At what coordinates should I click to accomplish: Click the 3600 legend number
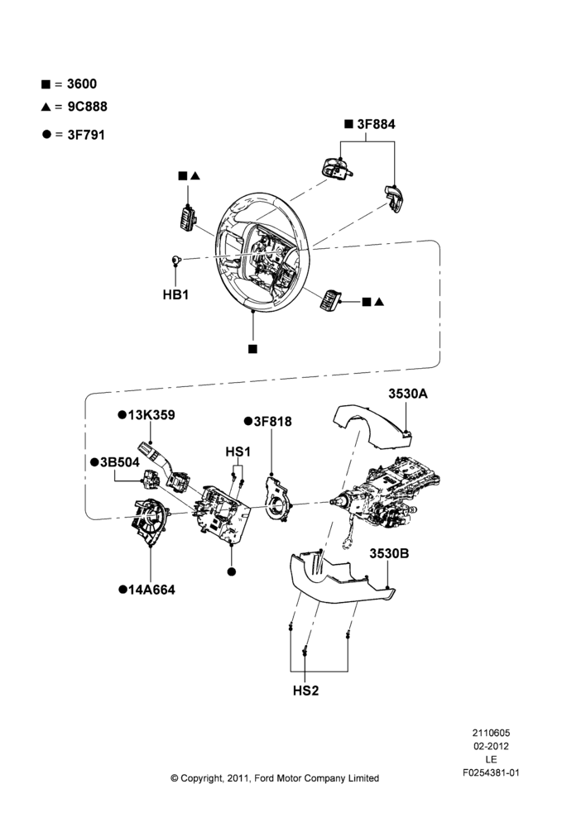(x=82, y=84)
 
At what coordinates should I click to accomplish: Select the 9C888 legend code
(x=87, y=107)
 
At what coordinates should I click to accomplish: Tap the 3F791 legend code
(x=86, y=135)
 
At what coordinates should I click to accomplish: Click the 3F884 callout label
(x=376, y=124)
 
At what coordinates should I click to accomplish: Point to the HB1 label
(x=175, y=294)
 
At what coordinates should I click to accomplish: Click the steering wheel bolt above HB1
(x=177, y=260)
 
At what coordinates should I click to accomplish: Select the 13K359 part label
(x=151, y=415)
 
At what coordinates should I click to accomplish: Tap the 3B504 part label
(x=120, y=462)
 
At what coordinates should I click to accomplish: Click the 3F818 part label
(x=272, y=422)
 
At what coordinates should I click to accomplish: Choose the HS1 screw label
(x=238, y=452)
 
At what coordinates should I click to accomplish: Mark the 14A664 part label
(x=151, y=590)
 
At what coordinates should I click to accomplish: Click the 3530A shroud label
(x=408, y=394)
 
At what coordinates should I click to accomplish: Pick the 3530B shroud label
(x=389, y=553)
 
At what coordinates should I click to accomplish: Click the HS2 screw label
(x=306, y=691)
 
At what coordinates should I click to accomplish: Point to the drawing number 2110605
(x=491, y=733)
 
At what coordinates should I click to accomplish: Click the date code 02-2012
(x=491, y=746)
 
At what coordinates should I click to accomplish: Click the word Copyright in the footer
(x=201, y=778)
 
